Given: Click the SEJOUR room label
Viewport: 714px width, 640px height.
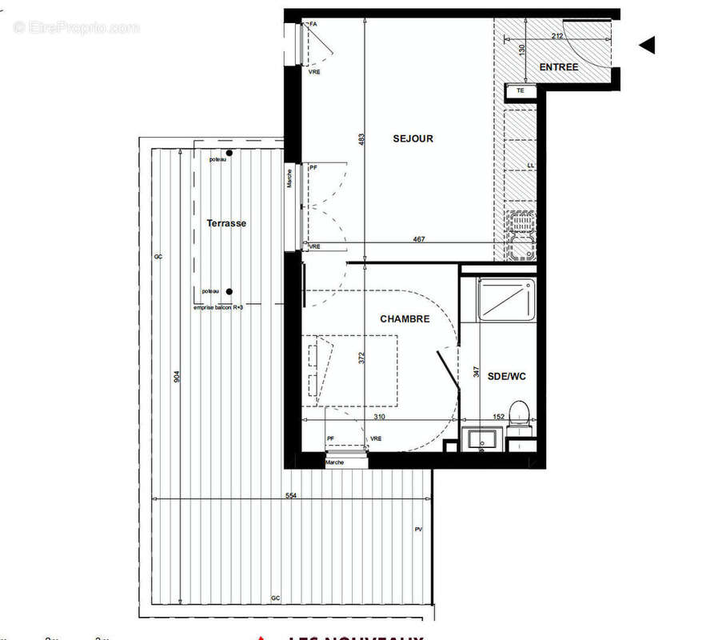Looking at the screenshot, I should pos(413,138).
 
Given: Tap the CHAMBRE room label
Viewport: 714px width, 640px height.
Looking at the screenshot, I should pos(405,318).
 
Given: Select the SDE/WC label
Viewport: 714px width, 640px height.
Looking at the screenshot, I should pos(507,376).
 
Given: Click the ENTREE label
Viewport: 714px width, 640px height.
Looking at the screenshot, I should pos(559,67).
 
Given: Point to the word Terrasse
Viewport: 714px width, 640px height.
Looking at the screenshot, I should pos(226,223).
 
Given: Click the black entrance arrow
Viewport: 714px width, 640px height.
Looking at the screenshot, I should pos(647,46).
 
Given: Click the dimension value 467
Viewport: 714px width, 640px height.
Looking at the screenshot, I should pos(419,239).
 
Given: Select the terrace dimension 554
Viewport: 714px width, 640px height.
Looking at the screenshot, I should pos(290,496).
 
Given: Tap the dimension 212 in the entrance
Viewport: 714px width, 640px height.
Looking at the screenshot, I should pos(558,36).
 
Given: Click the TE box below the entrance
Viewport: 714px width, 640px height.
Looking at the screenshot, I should pos(521,90).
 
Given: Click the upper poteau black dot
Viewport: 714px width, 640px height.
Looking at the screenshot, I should pos(229,153).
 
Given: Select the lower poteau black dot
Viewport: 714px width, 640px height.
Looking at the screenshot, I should pos(229,292).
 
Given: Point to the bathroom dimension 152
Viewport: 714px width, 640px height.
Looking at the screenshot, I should pos(497,416).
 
